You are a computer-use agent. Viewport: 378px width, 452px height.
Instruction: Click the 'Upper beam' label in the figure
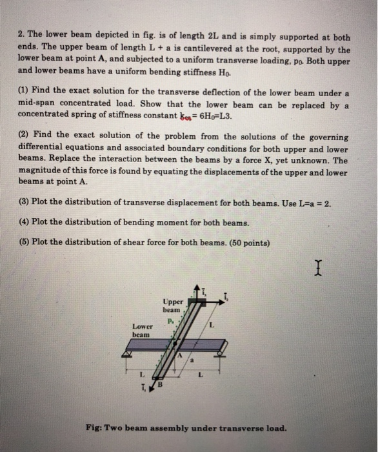173,305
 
